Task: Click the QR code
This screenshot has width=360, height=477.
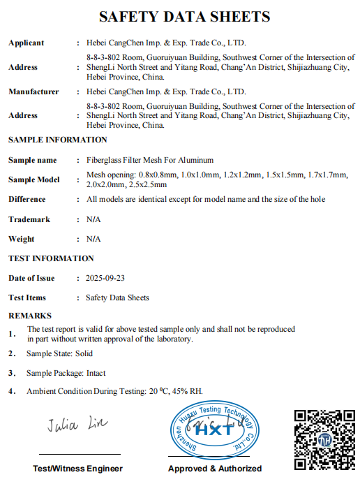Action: pyautogui.click(x=322, y=439)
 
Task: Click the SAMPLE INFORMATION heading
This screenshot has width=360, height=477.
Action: pyautogui.click(x=58, y=140)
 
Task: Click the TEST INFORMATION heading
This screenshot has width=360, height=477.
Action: pyautogui.click(x=50, y=258)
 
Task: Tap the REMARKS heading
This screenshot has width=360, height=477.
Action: pyautogui.click(x=29, y=316)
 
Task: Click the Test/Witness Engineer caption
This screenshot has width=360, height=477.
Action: pyautogui.click(x=77, y=468)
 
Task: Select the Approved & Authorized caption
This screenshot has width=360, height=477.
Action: pyautogui.click(x=215, y=468)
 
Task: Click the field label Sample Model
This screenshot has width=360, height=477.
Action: pyautogui.click(x=34, y=179)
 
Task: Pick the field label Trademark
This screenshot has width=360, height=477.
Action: pyautogui.click(x=29, y=219)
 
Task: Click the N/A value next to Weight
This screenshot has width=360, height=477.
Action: pyautogui.click(x=93, y=239)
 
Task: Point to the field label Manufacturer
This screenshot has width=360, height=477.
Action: pyautogui.click(x=33, y=91)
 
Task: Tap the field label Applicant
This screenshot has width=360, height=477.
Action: pyautogui.click(x=26, y=43)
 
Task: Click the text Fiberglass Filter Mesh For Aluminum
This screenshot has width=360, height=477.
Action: pyautogui.click(x=150, y=160)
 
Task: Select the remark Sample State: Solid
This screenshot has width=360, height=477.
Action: pyautogui.click(x=59, y=353)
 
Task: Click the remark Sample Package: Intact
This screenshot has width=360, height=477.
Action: pyautogui.click(x=66, y=373)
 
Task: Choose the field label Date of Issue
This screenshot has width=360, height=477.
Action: pyautogui.click(x=31, y=278)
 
